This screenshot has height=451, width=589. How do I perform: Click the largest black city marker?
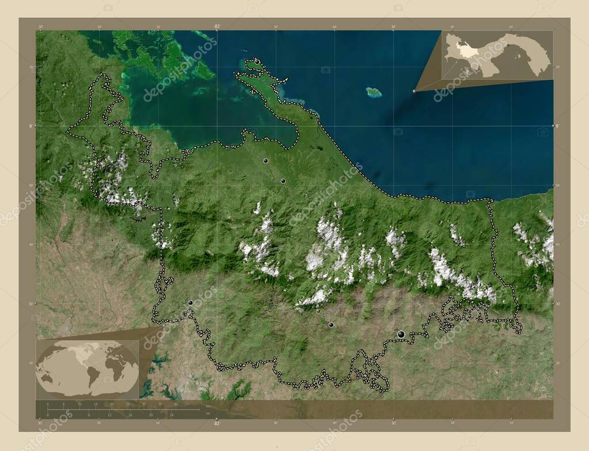401,334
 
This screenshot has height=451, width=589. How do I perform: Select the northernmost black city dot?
266,161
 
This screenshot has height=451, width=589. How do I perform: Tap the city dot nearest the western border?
190,302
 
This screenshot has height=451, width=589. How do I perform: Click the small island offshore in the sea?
374,92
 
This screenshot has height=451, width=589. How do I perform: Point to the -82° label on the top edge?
216,26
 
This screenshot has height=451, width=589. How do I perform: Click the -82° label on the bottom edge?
216,423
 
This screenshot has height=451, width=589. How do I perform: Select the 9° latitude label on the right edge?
556,126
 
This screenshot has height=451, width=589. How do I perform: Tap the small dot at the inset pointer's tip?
414,90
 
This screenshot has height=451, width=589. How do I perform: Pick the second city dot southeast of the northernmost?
283,181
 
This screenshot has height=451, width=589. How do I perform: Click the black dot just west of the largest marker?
331,325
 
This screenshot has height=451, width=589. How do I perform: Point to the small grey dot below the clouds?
318,311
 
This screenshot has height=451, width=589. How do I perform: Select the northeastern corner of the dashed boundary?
491,200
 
